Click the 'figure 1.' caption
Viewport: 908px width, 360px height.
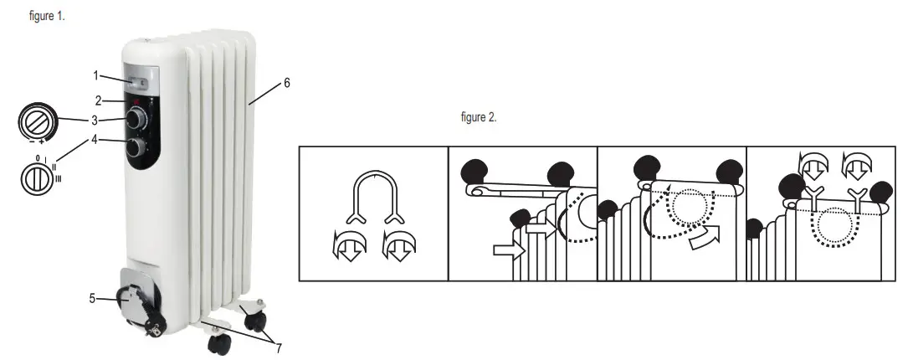click(47, 17)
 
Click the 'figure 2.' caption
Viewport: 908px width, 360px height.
click(479, 118)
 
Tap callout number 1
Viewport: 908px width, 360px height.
click(96, 75)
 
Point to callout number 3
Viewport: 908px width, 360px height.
click(96, 120)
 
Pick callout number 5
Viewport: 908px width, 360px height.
click(93, 297)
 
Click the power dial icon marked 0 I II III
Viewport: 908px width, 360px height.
click(38, 179)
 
